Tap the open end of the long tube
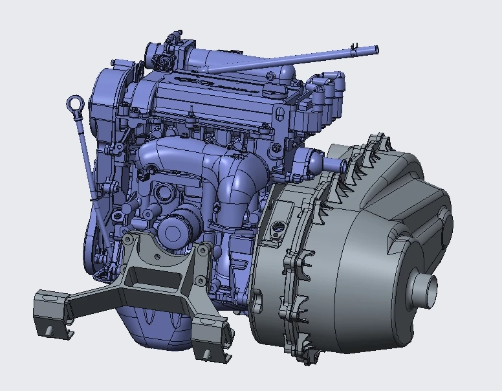pyautogui.click(x=375, y=49)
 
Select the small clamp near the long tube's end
pyautogui.click(x=354, y=47)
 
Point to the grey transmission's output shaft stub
pyautogui.click(x=423, y=287)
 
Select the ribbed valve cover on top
pyautogui.click(x=213, y=97)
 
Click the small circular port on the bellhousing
pyautogui.click(x=279, y=227)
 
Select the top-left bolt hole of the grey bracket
pyautogui.click(x=129, y=240)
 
